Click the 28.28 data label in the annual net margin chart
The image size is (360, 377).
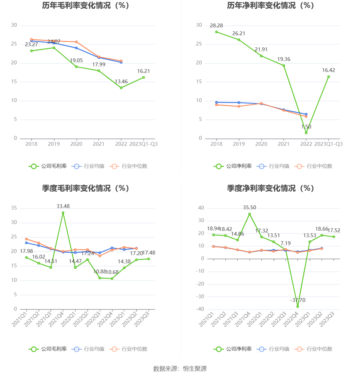pyautogui.click(x=216, y=26)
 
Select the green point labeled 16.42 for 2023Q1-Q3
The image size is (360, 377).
pyautogui.click(x=329, y=77)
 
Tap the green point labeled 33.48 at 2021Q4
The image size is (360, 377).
pyautogui.click(x=63, y=213)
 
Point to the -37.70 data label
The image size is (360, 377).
pyautogui.click(x=298, y=300)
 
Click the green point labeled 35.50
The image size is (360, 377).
pyautogui.click(x=250, y=214)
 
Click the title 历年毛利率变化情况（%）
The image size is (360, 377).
pyautogui.click(x=86, y=6)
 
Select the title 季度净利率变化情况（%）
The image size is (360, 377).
pyautogui.click(x=271, y=188)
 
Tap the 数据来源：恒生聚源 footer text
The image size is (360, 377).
pyautogui.click(x=180, y=369)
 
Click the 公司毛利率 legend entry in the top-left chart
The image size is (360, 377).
pyautogui.click(x=48, y=166)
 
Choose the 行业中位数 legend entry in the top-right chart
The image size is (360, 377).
pyautogui.click(x=313, y=166)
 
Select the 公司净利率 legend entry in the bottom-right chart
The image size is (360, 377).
pyautogui.click(x=233, y=349)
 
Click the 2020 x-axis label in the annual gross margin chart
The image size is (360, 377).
pyautogui.click(x=76, y=144)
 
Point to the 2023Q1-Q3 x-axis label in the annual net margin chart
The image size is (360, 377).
pyautogui.click(x=328, y=144)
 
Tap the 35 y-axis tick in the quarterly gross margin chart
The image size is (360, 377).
pyautogui.click(x=14, y=208)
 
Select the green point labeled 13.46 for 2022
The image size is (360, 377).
pyautogui.click(x=121, y=88)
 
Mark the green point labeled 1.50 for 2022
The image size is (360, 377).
pyautogui.click(x=306, y=133)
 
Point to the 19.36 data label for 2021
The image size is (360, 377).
pyautogui.click(x=284, y=59)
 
